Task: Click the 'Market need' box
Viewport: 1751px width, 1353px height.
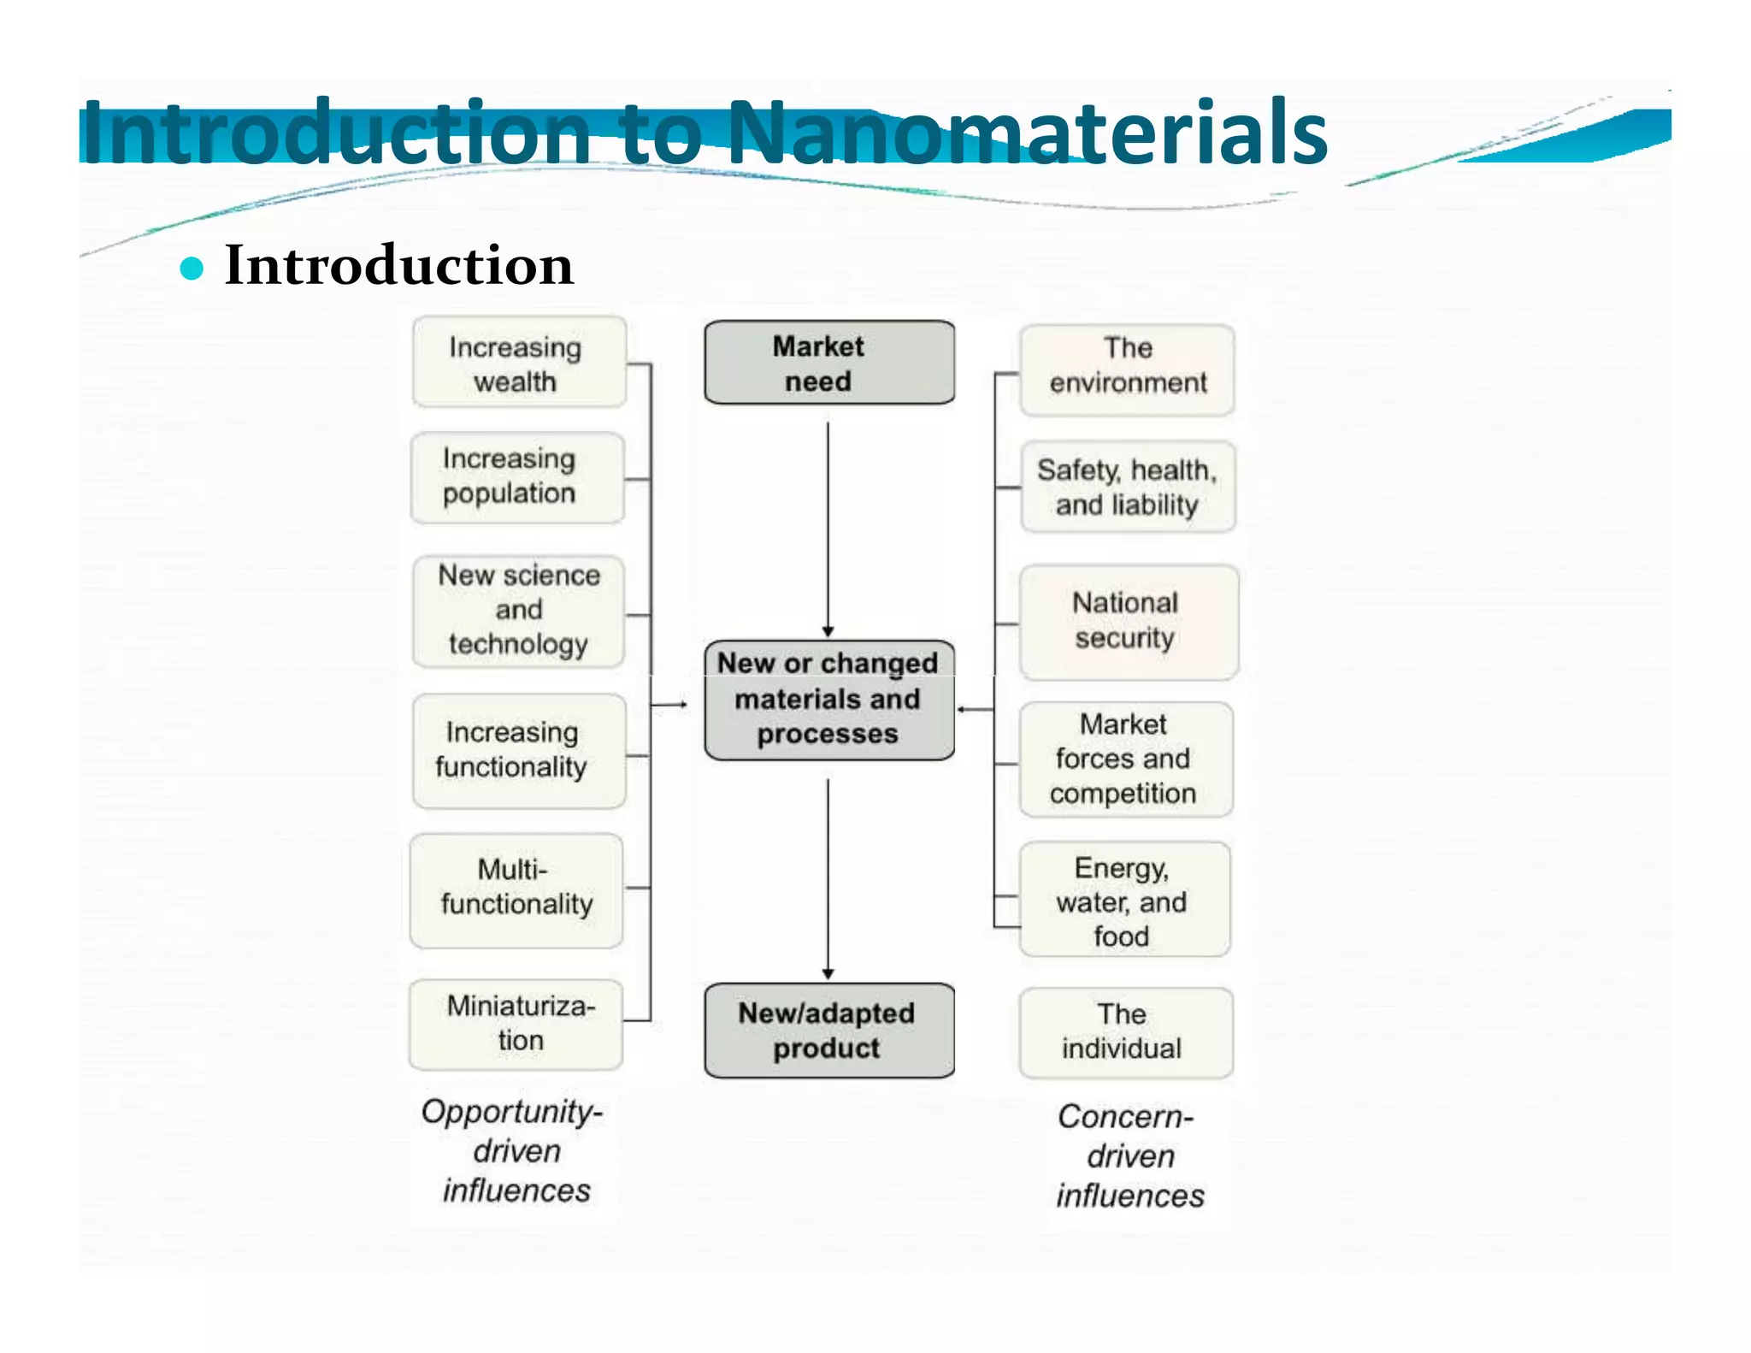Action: pyautogui.click(x=828, y=363)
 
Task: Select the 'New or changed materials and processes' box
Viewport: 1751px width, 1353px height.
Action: pyautogui.click(x=828, y=700)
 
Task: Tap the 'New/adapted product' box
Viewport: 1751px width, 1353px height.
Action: pyautogui.click(x=828, y=1031)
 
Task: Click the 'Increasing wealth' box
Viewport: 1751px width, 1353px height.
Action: pyautogui.click(x=519, y=363)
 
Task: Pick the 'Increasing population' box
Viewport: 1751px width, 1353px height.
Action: pyautogui.click(x=517, y=477)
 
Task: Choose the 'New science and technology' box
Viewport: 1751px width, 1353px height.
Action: pyautogui.click(x=518, y=611)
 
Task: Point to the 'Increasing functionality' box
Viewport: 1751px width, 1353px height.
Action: pyautogui.click(x=518, y=750)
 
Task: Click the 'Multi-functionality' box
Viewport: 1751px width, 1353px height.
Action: pyautogui.click(x=516, y=889)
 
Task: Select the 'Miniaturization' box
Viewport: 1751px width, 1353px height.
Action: pyautogui.click(x=516, y=1024)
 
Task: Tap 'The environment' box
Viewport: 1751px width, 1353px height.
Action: pyautogui.click(x=1127, y=369)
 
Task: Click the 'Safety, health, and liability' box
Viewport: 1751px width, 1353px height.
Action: pyautogui.click(x=1128, y=487)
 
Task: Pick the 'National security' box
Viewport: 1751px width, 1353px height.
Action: pyautogui.click(x=1128, y=622)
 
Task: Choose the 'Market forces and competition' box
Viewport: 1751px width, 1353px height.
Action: pyautogui.click(x=1125, y=759)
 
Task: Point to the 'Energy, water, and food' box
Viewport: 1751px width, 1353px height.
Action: pyautogui.click(x=1124, y=900)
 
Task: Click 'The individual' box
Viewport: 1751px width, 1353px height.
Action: pyautogui.click(x=1125, y=1032)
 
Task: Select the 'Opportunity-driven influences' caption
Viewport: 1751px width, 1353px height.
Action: pyautogui.click(x=514, y=1150)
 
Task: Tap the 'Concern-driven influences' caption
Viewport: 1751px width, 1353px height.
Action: pyautogui.click(x=1129, y=1155)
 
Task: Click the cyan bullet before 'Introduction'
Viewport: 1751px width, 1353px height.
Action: pyautogui.click(x=192, y=269)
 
